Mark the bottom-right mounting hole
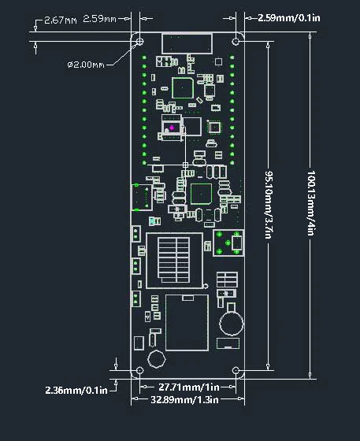point(236,370)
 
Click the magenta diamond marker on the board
point(171,125)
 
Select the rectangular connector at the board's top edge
point(187,43)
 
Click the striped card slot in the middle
point(174,261)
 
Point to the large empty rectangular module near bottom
point(186,322)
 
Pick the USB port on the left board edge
point(141,196)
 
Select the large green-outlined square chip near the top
point(182,87)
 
